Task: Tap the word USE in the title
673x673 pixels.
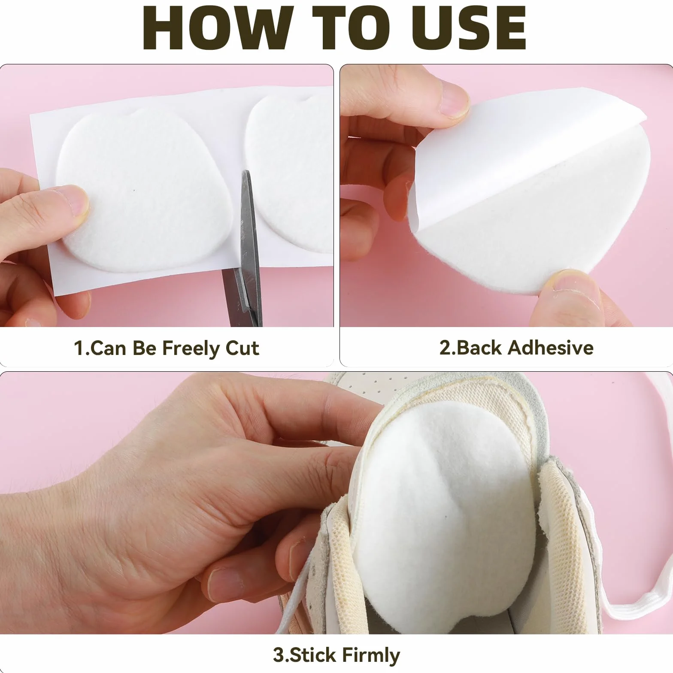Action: point(469,29)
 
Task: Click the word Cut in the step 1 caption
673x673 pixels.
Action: point(242,348)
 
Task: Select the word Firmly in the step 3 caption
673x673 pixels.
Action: point(371,655)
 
